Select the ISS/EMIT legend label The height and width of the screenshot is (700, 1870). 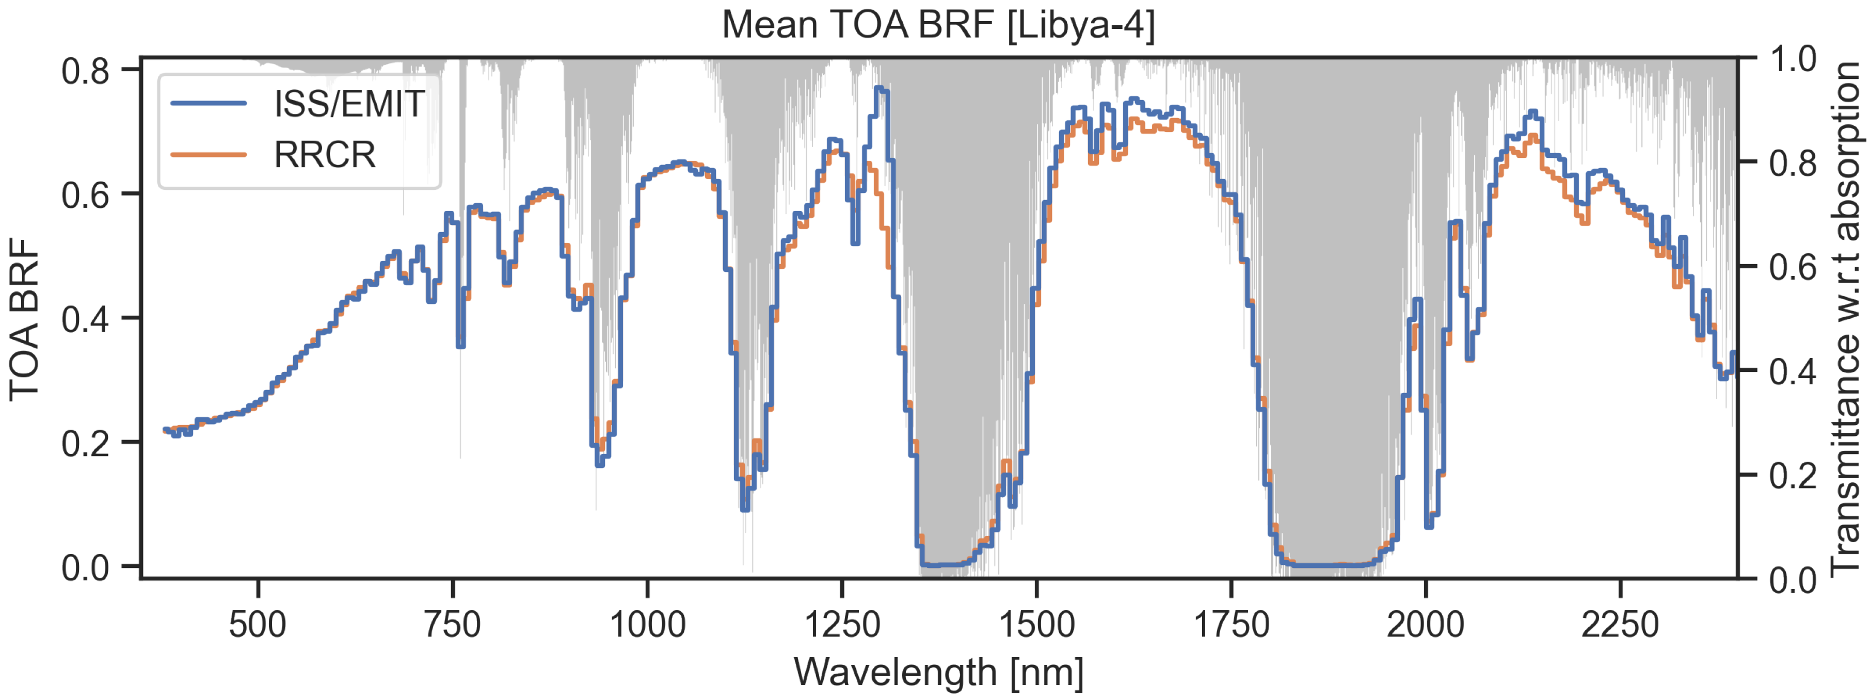(x=349, y=104)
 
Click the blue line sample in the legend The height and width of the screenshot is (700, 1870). (x=209, y=104)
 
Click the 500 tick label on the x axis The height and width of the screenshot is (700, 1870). (x=258, y=625)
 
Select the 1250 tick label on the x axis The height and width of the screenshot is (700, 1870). (x=842, y=625)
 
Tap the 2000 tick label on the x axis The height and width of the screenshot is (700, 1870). (x=1426, y=625)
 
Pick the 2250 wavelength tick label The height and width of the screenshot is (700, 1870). (x=1620, y=625)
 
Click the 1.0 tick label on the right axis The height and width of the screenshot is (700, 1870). (x=1793, y=59)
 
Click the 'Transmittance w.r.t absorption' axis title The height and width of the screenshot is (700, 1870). (x=1847, y=319)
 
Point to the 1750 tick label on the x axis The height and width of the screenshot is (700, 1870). (x=1231, y=625)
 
